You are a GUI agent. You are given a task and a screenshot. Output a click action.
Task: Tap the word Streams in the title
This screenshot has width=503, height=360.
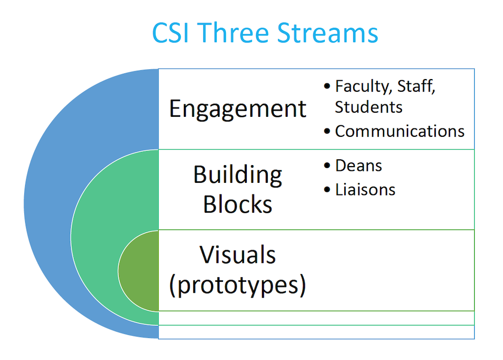click(x=327, y=32)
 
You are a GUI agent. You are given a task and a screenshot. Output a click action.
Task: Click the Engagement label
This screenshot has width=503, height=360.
click(x=237, y=109)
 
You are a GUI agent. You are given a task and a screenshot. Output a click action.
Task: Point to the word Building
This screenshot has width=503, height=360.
click(x=237, y=174)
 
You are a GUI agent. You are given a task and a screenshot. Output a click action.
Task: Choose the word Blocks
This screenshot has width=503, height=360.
click(x=237, y=204)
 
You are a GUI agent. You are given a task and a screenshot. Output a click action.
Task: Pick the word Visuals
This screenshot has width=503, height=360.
click(x=237, y=255)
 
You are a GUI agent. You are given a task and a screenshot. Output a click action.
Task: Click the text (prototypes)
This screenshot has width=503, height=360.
click(x=237, y=286)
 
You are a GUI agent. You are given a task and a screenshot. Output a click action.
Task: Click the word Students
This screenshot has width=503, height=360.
click(x=368, y=107)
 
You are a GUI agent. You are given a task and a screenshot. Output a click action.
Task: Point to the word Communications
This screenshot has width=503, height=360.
click(x=400, y=131)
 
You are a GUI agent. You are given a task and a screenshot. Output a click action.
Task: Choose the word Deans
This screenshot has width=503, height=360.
click(x=358, y=166)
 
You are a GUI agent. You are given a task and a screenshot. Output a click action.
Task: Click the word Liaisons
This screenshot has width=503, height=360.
click(x=365, y=189)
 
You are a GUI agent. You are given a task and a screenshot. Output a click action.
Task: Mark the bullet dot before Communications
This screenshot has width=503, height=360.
click(x=327, y=131)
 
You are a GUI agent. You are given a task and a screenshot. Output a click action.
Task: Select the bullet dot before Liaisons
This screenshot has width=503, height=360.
click(x=327, y=190)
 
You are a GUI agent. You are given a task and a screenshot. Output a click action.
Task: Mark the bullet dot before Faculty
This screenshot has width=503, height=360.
click(x=327, y=86)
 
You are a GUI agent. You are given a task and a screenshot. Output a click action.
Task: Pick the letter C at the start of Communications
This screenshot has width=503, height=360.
click(x=341, y=131)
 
